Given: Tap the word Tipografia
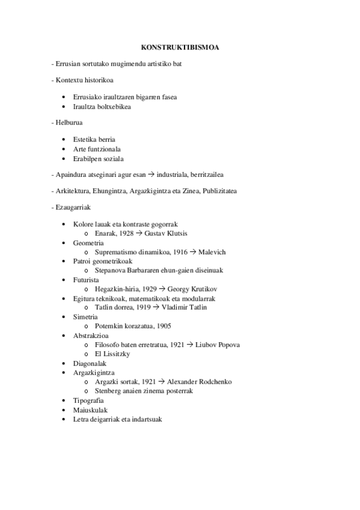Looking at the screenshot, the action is [88, 400].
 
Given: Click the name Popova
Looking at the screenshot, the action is [211, 345].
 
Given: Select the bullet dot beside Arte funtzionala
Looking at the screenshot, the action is [64, 149].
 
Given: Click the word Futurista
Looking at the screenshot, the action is [86, 280].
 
